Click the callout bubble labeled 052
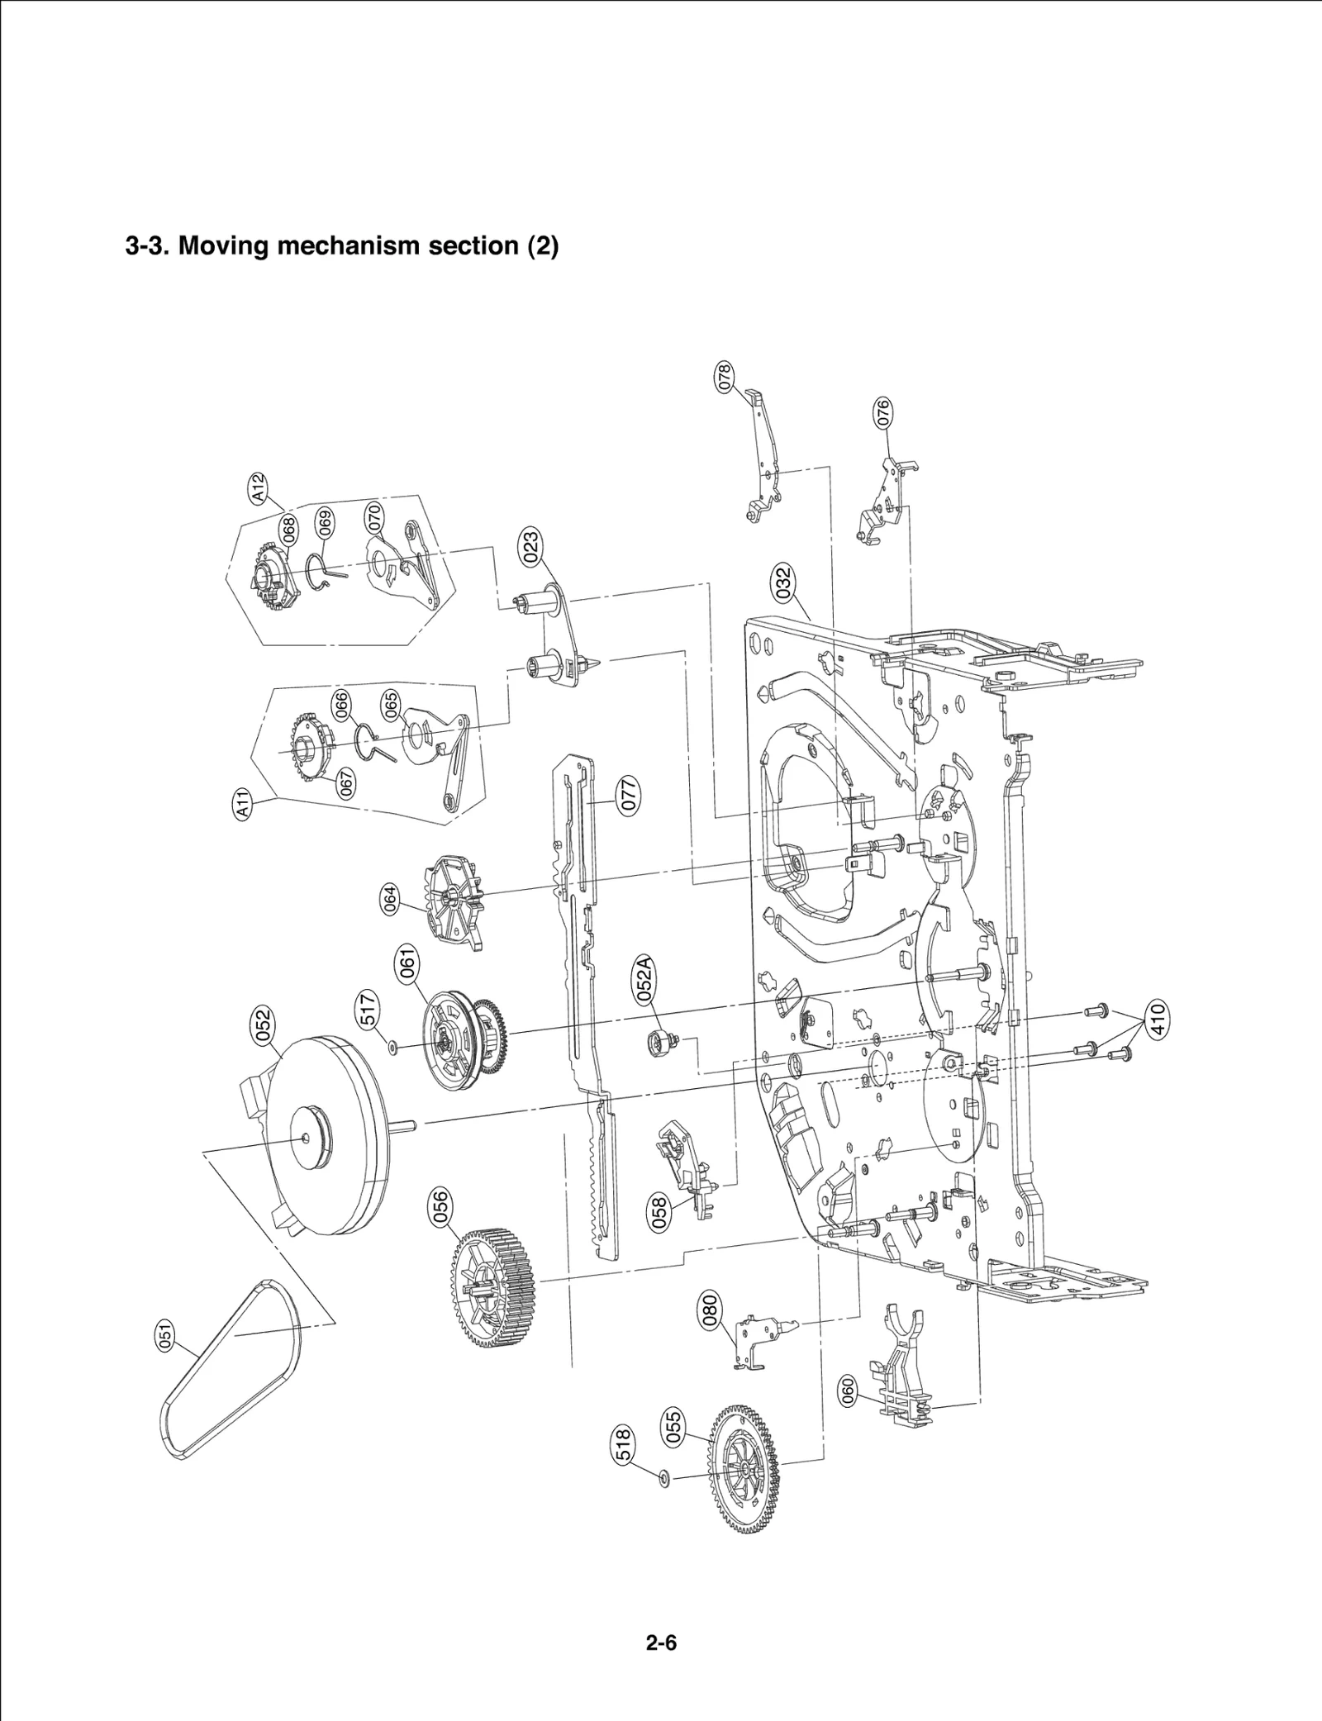coord(263,1025)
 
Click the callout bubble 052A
coord(645,978)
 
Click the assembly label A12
coord(259,487)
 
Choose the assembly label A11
coord(241,804)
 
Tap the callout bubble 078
coord(725,377)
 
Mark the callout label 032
coord(782,582)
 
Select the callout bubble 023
coord(531,548)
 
